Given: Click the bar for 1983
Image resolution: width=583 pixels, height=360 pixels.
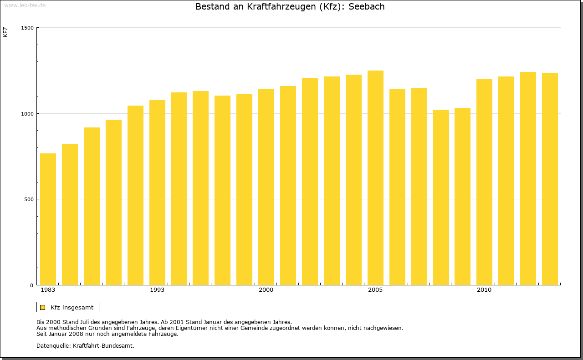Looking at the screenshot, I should click(48, 219).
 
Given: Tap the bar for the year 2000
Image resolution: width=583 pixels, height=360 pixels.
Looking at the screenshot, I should click(266, 187).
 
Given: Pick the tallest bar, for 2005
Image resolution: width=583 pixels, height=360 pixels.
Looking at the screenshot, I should click(375, 177).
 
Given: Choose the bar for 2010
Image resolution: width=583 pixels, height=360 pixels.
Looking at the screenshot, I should click(484, 182).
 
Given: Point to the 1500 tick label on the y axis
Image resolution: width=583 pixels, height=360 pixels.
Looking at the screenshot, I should click(28, 28).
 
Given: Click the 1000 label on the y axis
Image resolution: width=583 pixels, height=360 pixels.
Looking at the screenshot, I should click(28, 113).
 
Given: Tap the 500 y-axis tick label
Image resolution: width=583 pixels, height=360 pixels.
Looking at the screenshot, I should click(29, 199).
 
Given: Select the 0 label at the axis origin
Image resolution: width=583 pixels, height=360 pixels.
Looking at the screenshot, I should click(32, 285).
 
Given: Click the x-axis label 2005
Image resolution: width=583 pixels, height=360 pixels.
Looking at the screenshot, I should click(375, 290).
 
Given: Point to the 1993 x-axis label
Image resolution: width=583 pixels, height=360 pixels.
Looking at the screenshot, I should click(157, 290).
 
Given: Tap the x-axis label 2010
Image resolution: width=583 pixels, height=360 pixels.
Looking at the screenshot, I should click(484, 290).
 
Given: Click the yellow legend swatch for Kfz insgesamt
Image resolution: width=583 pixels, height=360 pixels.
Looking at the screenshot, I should click(42, 307).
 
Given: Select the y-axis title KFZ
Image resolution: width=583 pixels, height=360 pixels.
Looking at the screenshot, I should click(5, 32).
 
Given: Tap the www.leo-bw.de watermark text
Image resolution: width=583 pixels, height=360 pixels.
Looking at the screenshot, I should click(25, 5).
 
